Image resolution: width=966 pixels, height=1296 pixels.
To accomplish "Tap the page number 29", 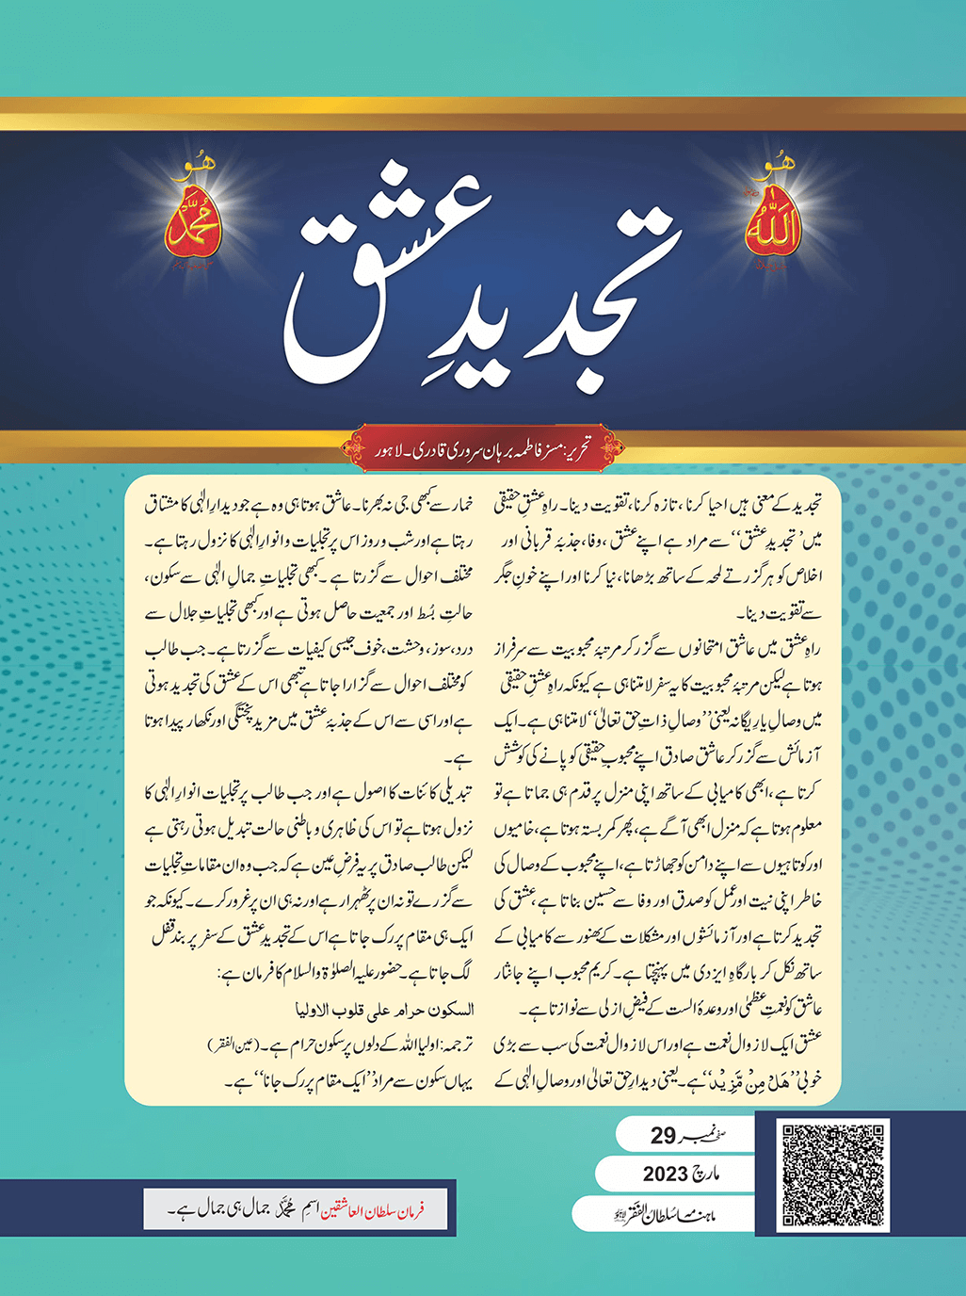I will click(663, 1136).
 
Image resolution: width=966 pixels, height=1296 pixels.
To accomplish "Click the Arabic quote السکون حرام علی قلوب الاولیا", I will click(378, 1010).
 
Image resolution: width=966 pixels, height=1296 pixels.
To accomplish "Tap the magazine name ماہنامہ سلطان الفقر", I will click(667, 1212).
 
